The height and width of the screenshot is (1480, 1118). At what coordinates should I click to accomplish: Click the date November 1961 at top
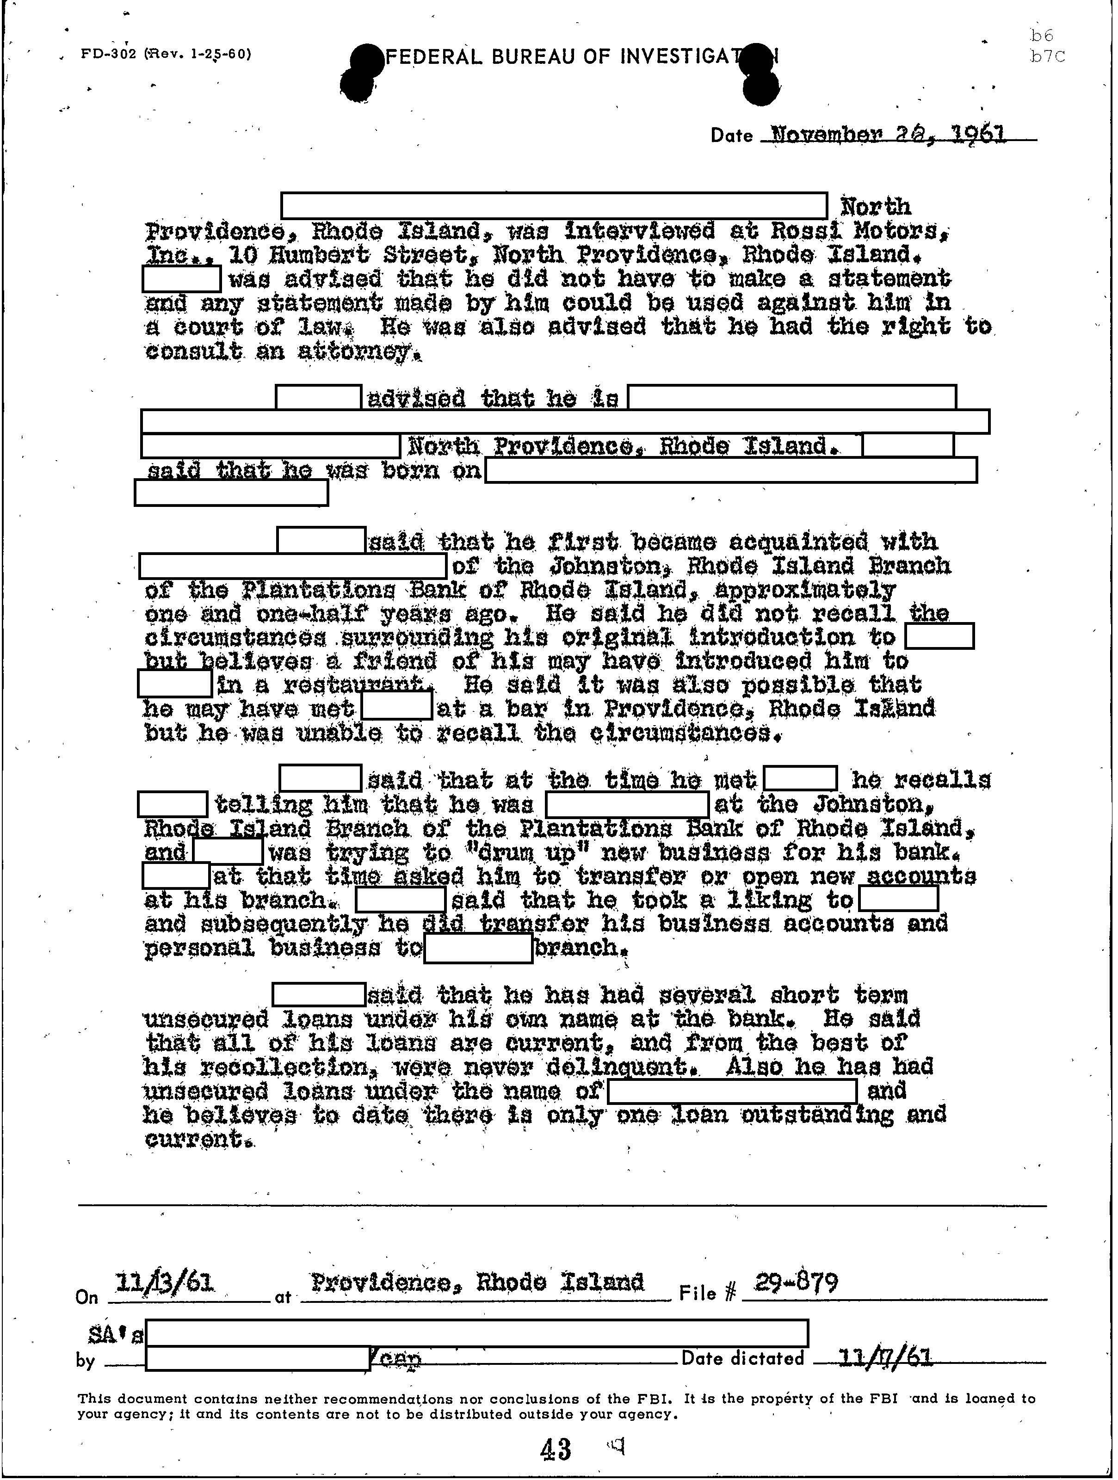pos(888,135)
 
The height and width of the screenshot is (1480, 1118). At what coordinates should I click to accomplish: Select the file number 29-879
pos(796,1283)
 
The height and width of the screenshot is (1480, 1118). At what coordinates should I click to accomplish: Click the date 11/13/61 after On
pos(165,1283)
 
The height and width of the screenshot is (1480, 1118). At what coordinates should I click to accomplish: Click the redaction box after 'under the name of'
pos(731,1091)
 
